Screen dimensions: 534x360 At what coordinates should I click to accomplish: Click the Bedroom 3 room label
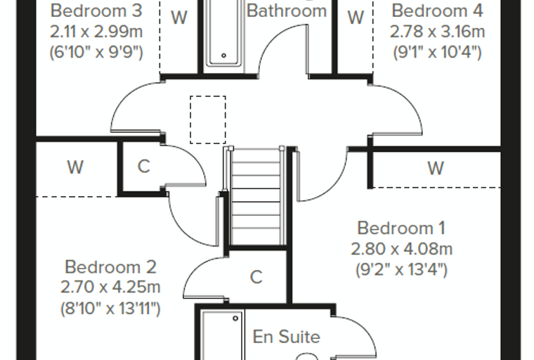click(96, 11)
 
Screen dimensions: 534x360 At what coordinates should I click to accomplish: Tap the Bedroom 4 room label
click(437, 11)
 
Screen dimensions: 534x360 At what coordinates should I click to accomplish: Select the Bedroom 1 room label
click(401, 228)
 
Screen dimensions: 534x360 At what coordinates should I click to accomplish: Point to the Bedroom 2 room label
click(110, 266)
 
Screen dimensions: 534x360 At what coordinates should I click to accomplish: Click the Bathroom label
click(287, 11)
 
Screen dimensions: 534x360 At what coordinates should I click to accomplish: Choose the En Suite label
click(287, 337)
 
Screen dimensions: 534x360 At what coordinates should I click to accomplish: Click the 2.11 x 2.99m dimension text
click(96, 32)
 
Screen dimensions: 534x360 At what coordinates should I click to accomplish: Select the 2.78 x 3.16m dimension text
click(437, 32)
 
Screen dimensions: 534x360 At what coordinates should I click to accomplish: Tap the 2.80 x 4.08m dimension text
click(401, 249)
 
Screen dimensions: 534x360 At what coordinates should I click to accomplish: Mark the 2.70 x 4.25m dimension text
click(110, 287)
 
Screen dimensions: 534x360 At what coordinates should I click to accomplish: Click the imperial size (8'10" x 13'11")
click(110, 309)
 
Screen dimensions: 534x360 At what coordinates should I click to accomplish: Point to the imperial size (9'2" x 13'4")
click(401, 270)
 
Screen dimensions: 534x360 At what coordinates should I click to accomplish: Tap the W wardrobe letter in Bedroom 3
click(179, 17)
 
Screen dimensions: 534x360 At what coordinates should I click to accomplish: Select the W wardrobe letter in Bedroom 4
click(356, 17)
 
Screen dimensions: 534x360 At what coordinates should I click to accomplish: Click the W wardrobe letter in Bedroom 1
click(436, 168)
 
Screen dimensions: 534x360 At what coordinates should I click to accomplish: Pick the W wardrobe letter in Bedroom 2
click(75, 167)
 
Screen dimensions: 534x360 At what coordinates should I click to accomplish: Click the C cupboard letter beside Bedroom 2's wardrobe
click(144, 167)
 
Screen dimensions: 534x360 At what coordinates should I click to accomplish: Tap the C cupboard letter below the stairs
click(256, 277)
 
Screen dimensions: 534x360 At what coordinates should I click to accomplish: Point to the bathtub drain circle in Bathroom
click(223, 56)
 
